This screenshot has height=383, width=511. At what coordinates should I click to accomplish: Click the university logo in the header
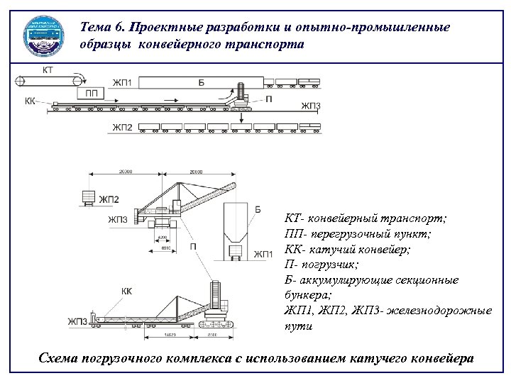coord(46,35)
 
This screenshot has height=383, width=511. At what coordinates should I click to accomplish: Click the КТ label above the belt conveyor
coord(48,70)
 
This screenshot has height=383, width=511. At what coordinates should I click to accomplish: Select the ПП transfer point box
coord(91,93)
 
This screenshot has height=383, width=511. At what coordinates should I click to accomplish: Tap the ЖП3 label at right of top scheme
coord(311,106)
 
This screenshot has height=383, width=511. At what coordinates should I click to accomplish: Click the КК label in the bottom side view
coord(126,291)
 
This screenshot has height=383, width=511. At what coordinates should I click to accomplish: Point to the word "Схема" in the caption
coord(60,358)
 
